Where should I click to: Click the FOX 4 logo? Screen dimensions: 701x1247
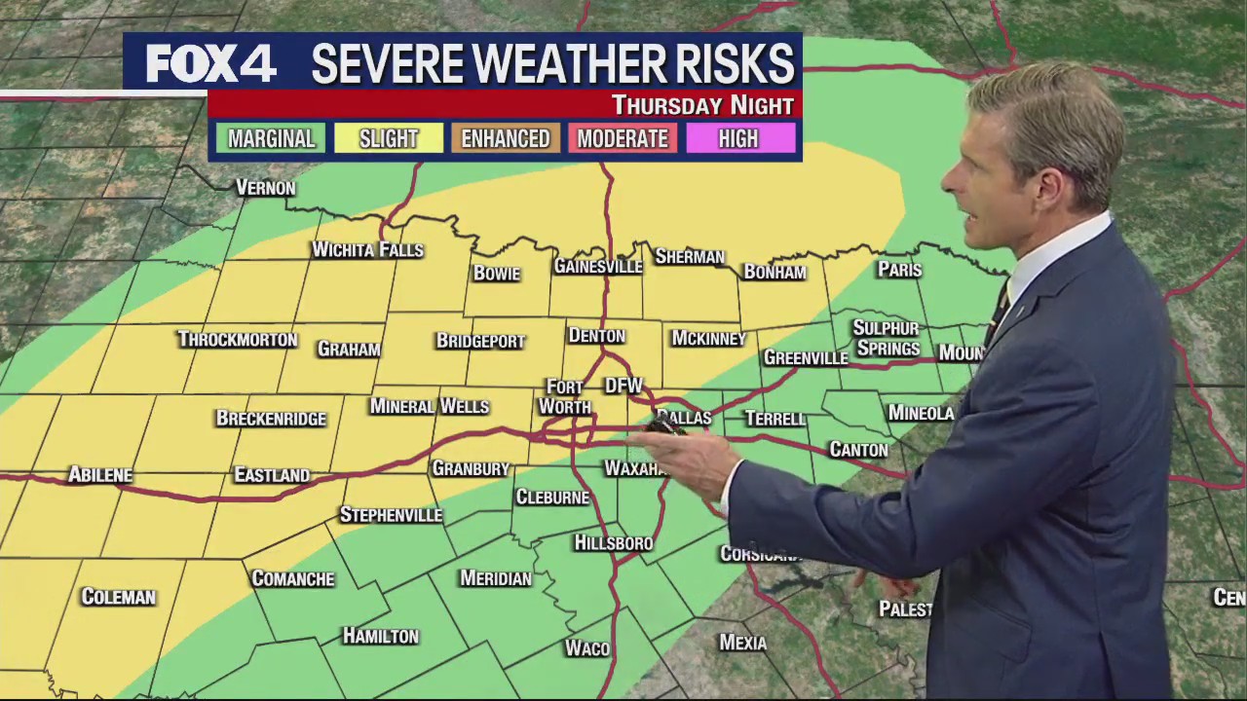click(x=210, y=64)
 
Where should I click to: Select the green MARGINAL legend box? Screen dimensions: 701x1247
click(x=271, y=138)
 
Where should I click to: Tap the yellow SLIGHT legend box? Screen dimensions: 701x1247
click(x=388, y=138)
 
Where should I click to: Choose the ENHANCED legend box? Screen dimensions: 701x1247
click(x=505, y=138)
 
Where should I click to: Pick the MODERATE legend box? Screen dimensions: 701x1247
click(x=622, y=138)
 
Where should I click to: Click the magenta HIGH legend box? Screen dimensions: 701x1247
click(x=738, y=138)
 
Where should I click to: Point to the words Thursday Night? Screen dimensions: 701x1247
click(x=702, y=105)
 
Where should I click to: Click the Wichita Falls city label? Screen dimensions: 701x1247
click(x=367, y=250)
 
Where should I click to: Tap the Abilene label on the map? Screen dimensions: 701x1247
click(x=99, y=475)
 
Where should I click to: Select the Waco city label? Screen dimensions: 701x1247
click(x=587, y=648)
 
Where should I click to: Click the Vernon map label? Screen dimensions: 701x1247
click(x=266, y=188)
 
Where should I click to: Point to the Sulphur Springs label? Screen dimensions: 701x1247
click(x=887, y=338)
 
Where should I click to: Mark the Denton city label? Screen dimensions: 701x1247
click(x=596, y=336)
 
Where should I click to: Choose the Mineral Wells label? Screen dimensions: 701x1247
click(x=429, y=406)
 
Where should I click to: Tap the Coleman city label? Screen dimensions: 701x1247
click(x=118, y=597)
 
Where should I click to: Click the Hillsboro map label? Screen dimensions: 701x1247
click(x=614, y=543)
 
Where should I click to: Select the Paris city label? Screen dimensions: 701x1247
click(x=899, y=270)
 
